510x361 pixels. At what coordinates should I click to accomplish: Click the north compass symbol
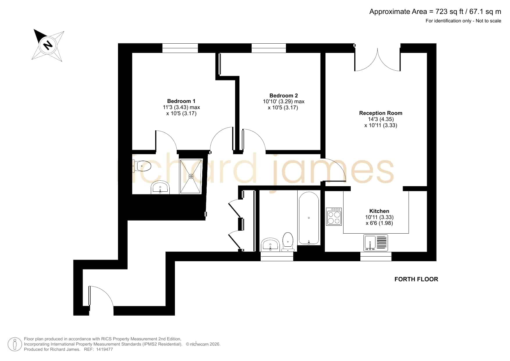(48, 45)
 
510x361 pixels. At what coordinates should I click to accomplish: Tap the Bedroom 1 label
(181, 101)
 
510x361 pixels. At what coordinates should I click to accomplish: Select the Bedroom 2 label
(283, 95)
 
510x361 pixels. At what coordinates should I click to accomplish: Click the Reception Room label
(381, 113)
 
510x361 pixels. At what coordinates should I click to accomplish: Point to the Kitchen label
(379, 211)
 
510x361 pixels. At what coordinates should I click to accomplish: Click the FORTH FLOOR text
(416, 279)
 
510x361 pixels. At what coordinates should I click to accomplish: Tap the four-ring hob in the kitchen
(334, 217)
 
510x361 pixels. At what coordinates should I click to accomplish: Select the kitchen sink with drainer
(376, 243)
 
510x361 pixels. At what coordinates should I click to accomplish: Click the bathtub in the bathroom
(309, 218)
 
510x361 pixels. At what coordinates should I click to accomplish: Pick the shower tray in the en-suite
(191, 176)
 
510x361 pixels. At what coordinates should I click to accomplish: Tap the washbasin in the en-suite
(160, 188)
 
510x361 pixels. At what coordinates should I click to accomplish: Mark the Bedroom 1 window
(180, 48)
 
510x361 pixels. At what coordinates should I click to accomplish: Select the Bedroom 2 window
(269, 48)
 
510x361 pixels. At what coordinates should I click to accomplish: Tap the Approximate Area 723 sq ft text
(435, 12)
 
